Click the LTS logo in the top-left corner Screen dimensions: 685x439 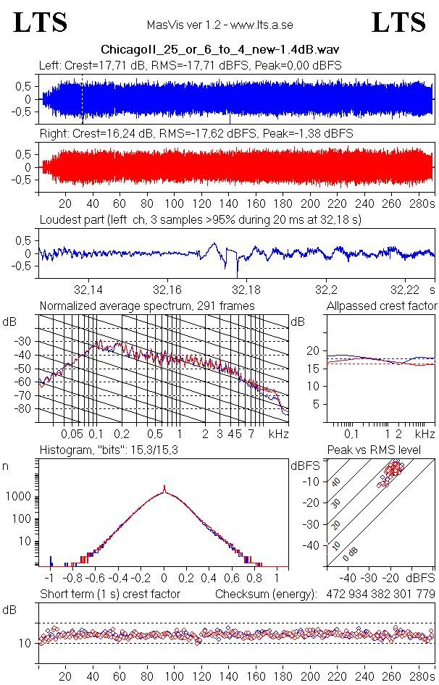pos(41,22)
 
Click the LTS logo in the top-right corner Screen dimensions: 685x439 pos(398,22)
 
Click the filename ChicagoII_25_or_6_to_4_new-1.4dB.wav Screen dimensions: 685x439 pos(220,50)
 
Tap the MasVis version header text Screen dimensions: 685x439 pos(220,25)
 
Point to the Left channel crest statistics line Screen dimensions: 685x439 pos(191,66)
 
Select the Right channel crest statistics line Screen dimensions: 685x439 pos(196,134)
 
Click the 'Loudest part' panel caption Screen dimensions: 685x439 pos(200,219)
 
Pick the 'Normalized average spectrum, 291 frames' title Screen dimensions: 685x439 pos(147,306)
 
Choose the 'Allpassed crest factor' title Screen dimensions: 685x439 pos(382,306)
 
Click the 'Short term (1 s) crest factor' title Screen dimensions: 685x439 pos(109,594)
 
